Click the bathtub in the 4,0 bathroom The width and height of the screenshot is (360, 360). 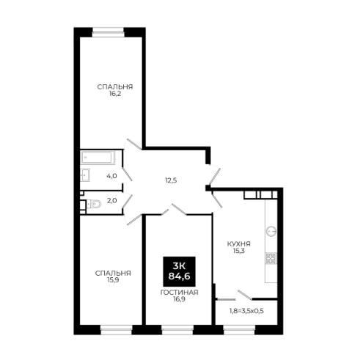click(98, 158)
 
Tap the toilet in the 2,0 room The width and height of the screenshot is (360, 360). click(94, 204)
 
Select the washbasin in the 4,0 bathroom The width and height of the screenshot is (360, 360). click(85, 175)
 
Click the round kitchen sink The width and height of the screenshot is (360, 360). click(271, 231)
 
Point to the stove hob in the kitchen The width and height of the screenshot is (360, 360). click(271, 259)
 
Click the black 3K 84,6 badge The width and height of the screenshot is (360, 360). click(179, 271)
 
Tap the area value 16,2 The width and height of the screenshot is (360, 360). click(115, 94)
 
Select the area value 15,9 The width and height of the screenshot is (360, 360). click(113, 280)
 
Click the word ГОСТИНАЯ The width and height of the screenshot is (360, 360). click(179, 293)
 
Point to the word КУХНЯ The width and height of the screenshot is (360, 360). click(239, 244)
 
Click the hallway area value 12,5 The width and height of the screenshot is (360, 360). click(171, 180)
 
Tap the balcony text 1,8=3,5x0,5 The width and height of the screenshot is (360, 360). click(246, 311)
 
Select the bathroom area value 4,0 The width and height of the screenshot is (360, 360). click(111, 176)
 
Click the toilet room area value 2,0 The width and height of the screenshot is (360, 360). click(112, 201)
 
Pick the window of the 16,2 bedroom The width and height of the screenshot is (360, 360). click(109, 32)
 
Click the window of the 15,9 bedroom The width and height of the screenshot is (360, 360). click(117, 330)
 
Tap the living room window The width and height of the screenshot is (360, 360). click(177, 330)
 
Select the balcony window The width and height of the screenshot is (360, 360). click(239, 330)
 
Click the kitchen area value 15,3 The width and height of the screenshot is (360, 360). click(239, 251)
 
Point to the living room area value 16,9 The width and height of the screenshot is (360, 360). click(179, 299)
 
